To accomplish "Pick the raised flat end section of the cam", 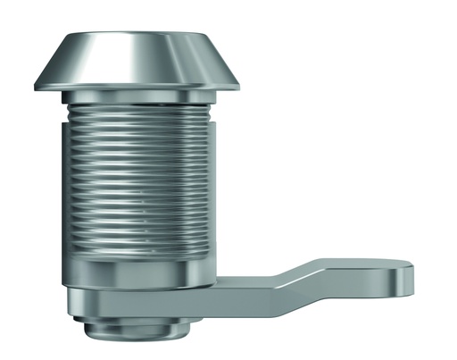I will tap(357, 272).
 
